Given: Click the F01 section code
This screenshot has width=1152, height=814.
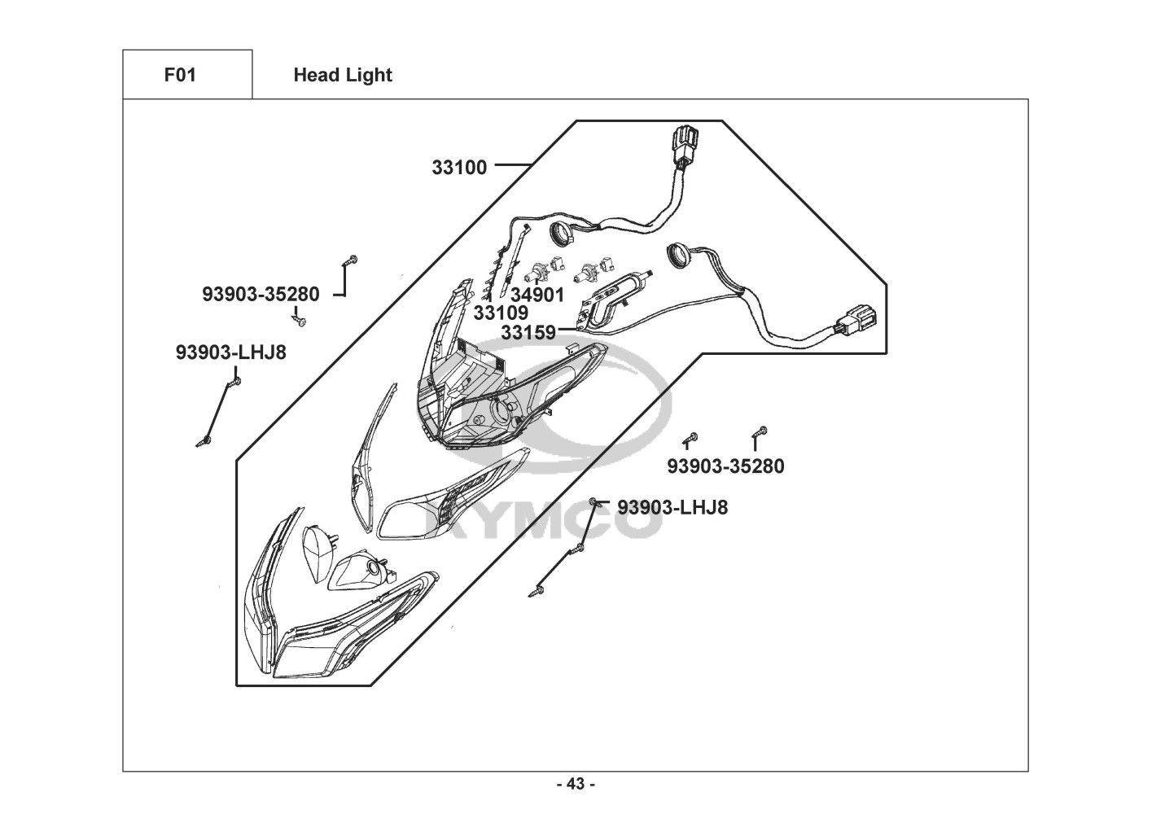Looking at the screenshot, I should (x=180, y=75).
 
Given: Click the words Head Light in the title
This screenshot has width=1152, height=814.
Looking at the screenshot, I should (x=342, y=75).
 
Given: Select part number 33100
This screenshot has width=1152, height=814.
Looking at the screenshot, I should (x=459, y=168).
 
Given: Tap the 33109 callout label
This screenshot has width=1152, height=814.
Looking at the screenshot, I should (x=501, y=313).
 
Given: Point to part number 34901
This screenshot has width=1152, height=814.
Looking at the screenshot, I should (x=537, y=295).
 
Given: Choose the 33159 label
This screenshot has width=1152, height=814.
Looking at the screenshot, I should (x=528, y=332).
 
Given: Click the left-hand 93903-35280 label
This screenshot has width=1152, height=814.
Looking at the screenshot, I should (x=261, y=295).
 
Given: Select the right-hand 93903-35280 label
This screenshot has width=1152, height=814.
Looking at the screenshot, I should (x=725, y=466).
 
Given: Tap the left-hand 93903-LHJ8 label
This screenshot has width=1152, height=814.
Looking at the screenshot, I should (x=230, y=352).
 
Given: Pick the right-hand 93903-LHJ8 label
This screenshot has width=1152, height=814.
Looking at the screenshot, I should (x=672, y=507).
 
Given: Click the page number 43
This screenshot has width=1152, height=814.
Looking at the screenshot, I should (x=576, y=785).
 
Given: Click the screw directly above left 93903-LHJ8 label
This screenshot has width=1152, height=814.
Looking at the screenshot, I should (x=236, y=379).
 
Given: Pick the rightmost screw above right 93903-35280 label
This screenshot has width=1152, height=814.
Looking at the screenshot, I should (x=762, y=431).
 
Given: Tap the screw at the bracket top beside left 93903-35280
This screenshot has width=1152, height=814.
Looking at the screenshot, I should (x=350, y=260).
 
